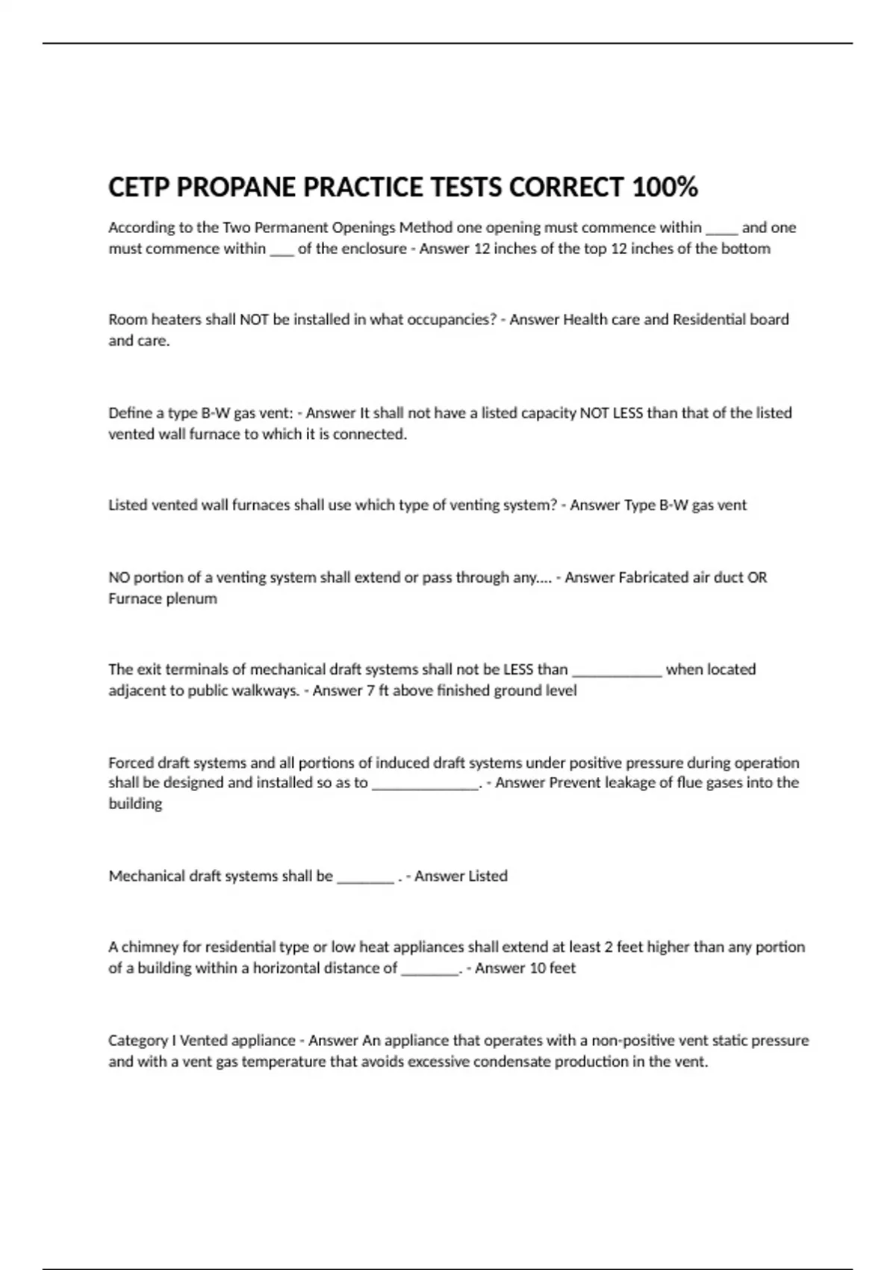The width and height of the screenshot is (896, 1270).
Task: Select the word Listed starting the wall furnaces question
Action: (128, 505)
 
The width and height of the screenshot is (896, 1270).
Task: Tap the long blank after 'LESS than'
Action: (617, 670)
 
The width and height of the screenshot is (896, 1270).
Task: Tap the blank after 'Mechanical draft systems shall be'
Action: (365, 876)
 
